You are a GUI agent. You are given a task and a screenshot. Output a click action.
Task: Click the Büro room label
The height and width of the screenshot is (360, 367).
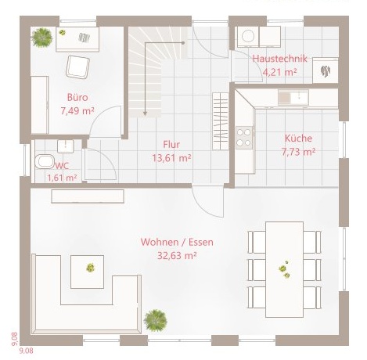[77, 97]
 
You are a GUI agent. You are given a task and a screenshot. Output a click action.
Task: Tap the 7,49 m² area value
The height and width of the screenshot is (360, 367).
[77, 111]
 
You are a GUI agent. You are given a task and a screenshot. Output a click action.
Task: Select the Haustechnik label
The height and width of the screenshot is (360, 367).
[279, 59]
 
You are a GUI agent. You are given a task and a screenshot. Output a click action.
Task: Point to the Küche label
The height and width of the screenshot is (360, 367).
[298, 138]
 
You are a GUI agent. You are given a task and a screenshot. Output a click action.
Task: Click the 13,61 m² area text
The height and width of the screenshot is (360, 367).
[171, 158]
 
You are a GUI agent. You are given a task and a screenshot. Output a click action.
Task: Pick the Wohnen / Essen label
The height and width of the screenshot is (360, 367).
[177, 242]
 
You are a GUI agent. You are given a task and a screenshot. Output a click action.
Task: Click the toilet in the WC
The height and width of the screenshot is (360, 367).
[45, 161]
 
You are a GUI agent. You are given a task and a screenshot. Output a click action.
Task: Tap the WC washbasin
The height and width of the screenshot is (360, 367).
[66, 146]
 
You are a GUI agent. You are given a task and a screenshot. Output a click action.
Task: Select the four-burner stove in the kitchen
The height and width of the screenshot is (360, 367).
[244, 138]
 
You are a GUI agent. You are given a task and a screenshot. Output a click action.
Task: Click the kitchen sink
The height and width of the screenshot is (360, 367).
[293, 97]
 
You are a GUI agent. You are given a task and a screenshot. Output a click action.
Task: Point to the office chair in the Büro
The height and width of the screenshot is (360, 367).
[77, 67]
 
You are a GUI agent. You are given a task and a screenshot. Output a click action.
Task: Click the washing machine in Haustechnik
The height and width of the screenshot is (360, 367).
[248, 36]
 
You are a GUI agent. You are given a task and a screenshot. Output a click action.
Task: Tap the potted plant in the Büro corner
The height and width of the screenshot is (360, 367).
[41, 38]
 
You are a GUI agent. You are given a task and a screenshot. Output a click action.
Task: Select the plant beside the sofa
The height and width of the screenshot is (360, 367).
[156, 320]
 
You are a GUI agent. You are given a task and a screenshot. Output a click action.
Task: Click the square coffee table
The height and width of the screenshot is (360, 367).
[88, 272]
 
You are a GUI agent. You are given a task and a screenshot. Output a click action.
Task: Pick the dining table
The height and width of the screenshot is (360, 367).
[285, 269]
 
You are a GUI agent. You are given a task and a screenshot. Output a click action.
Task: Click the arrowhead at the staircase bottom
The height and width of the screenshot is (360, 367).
[145, 113]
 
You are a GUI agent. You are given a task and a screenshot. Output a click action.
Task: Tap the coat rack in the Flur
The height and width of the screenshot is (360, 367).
[221, 121]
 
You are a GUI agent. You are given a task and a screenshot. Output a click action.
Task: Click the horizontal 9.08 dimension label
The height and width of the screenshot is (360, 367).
[27, 351]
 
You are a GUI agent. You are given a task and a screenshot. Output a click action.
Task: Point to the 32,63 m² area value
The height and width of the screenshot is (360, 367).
[177, 255]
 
